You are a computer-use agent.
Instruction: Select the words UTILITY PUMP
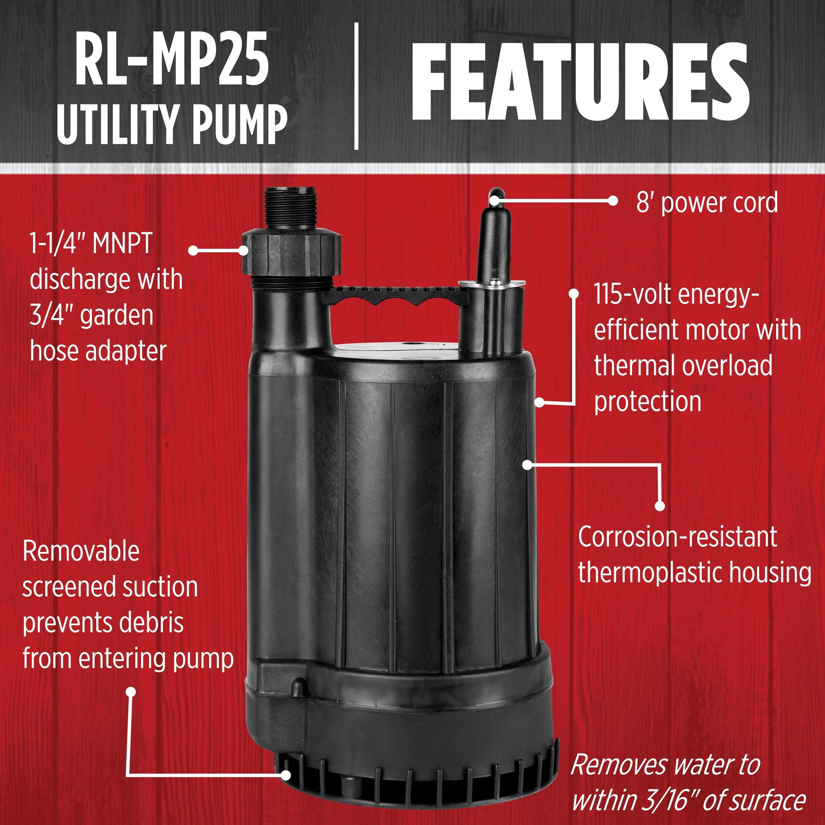(x=172, y=124)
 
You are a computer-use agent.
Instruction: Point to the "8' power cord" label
(x=707, y=203)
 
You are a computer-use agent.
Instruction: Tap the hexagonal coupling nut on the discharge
(x=292, y=252)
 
